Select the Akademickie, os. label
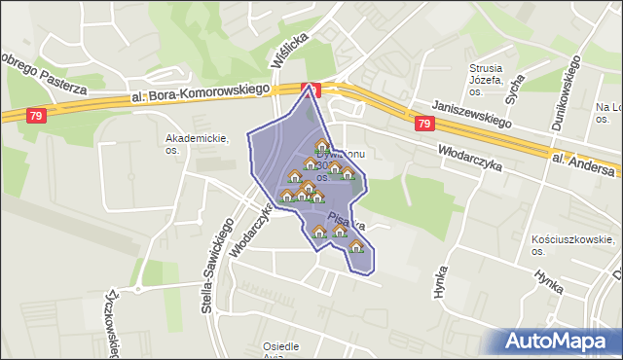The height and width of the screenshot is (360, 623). [197, 144]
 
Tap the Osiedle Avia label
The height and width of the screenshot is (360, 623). [281, 351]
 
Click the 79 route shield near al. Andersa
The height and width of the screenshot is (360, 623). [423, 124]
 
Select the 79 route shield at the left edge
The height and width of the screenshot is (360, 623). [36, 116]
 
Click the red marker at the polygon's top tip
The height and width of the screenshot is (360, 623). [311, 89]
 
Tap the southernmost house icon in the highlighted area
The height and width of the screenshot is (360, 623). [356, 246]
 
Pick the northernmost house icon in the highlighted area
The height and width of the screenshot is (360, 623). [322, 145]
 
